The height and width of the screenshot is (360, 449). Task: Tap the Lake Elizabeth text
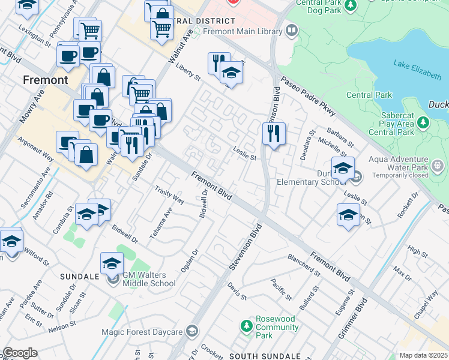(x=417, y=67)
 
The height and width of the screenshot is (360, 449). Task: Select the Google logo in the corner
(x=20, y=353)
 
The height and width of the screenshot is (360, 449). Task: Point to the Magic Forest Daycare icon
(x=192, y=331)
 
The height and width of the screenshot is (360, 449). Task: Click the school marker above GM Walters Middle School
(x=112, y=263)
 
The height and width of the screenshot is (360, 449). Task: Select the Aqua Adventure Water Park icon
(x=437, y=164)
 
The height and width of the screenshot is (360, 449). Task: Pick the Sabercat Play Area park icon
(x=424, y=122)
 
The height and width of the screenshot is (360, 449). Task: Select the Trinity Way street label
(x=169, y=196)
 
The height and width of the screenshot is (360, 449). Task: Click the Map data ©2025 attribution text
(x=424, y=355)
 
